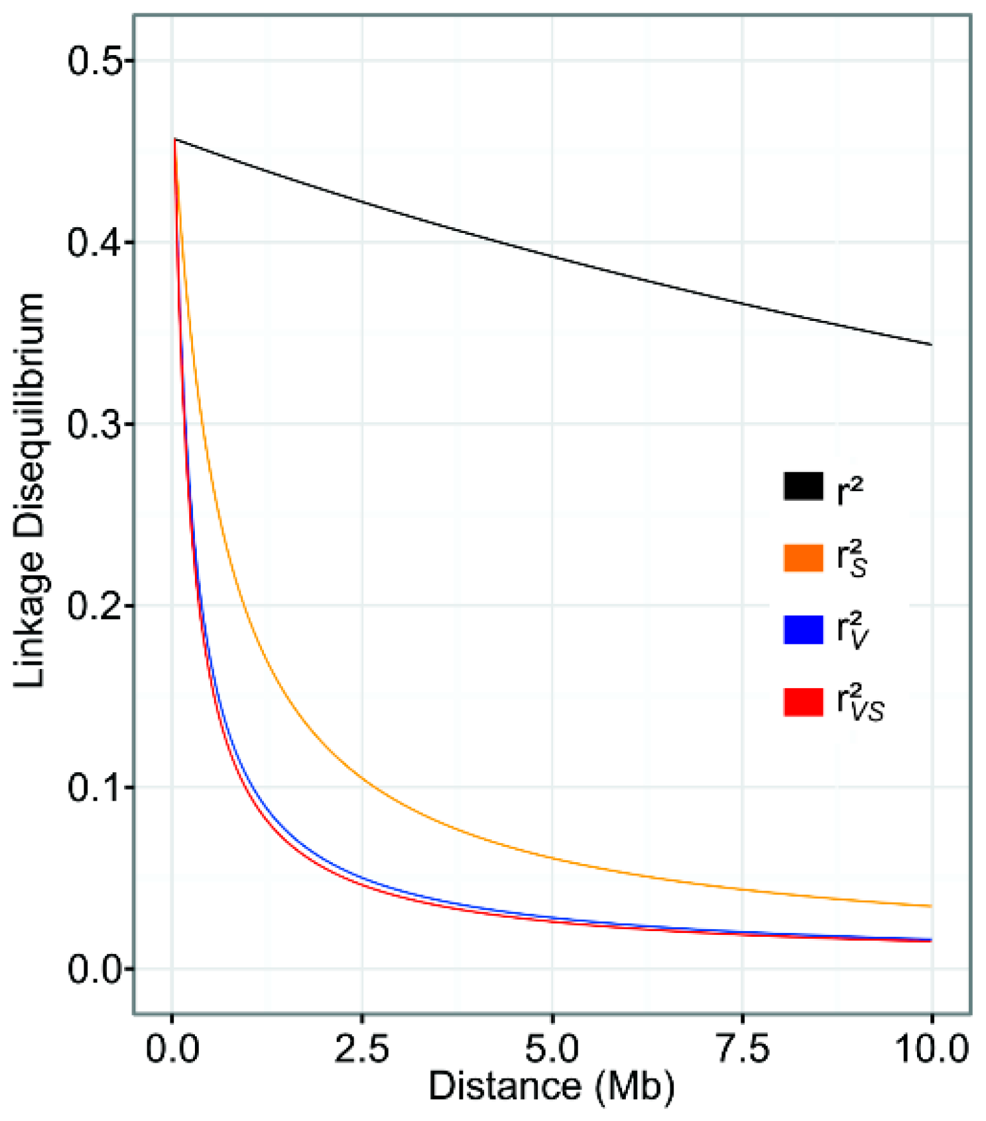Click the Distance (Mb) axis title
pos(552,1086)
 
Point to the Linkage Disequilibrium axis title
pos(30,491)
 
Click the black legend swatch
pos(803,486)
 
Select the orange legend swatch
pos(803,558)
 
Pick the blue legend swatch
pos(803,630)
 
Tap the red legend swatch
pos(803,702)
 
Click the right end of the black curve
pos(931,344)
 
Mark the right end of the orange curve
pos(931,906)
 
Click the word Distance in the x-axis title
pos(505,1086)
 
